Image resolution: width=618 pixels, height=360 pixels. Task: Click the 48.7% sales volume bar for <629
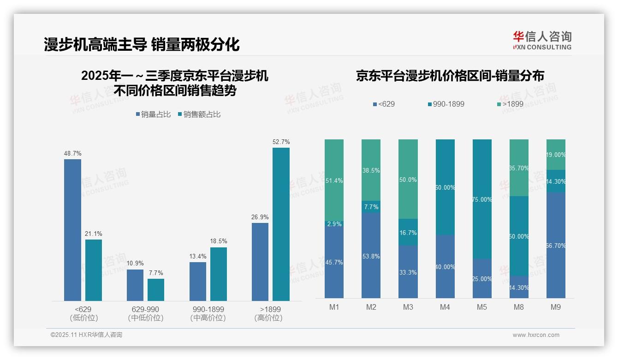point(72,230)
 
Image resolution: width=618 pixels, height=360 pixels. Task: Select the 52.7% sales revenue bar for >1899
point(281,224)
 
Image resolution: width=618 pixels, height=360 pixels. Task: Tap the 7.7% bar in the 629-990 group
point(156,290)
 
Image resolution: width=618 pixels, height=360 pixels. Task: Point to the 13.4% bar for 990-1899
point(198,282)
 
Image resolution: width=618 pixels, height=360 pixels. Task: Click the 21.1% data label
point(93,234)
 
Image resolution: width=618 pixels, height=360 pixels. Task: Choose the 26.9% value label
point(260,217)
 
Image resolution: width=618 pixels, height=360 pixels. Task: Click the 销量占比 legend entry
point(153,114)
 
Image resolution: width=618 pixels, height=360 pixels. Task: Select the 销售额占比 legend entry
point(199,114)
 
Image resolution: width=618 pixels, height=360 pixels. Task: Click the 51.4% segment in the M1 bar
point(334,180)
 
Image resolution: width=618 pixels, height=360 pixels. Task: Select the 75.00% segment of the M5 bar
point(482,199)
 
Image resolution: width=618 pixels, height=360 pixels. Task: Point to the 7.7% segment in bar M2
point(371,207)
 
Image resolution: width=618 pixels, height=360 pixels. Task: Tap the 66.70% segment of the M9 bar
point(556,245)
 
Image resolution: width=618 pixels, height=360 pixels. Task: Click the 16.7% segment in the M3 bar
point(408,232)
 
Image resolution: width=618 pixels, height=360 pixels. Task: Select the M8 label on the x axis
point(519,307)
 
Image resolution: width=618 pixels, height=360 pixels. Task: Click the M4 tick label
point(445,307)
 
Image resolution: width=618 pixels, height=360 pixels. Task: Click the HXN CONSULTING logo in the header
point(542,41)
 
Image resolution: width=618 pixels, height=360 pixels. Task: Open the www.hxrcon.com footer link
point(536,335)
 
